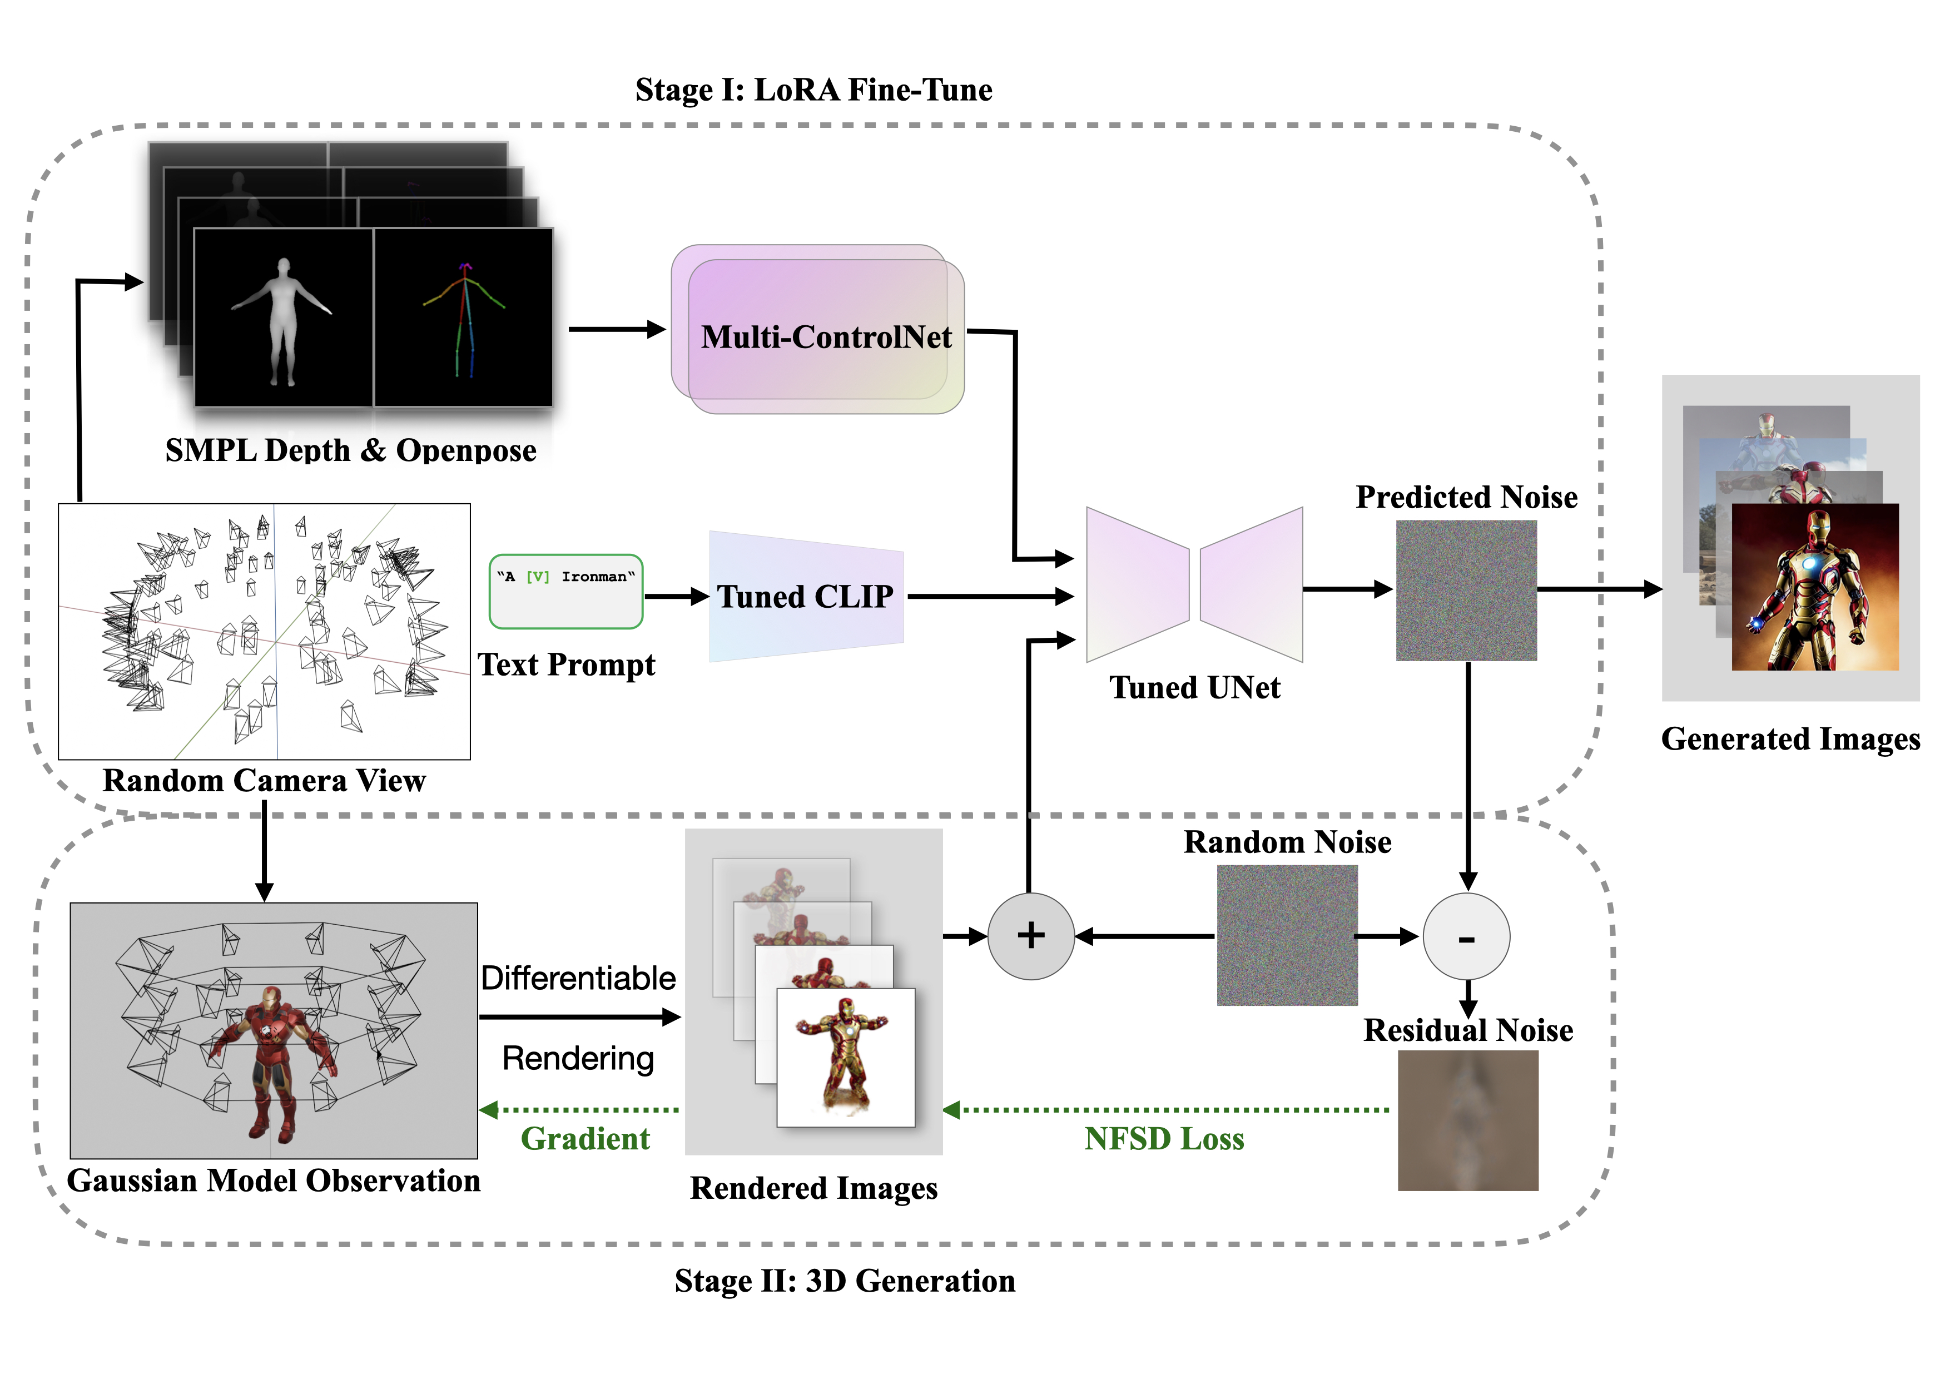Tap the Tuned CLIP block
pos(805,596)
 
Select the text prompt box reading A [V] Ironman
pos(565,591)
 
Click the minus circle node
pos(1466,936)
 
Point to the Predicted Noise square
pos(1466,590)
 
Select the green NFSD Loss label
pos(1163,1139)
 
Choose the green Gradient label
pos(585,1139)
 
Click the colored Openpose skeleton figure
pos(464,319)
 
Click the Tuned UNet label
pos(1194,687)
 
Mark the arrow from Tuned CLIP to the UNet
pos(989,596)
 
